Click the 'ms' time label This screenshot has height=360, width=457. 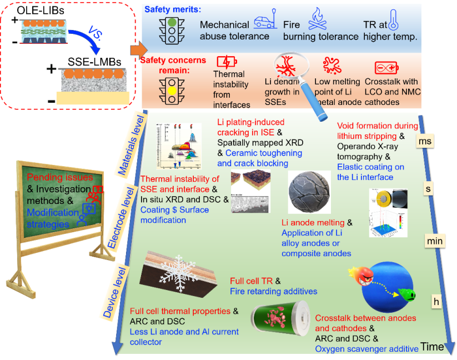click(425, 141)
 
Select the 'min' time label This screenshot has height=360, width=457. click(434, 242)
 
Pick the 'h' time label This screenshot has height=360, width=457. click(436, 301)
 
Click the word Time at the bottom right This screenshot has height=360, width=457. click(432, 347)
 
